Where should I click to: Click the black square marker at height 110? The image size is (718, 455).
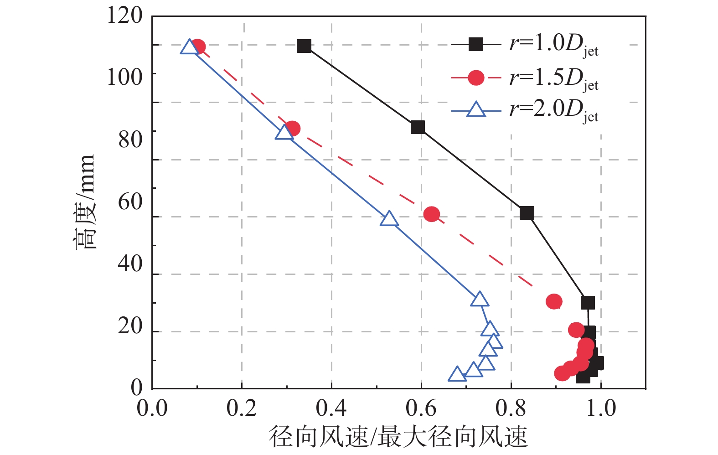pos(304,46)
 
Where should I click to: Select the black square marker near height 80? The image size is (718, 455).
pos(418,127)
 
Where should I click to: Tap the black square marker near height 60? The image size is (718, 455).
pos(527,213)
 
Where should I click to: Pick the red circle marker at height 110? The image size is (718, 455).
pos(198,47)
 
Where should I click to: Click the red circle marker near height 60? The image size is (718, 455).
pos(431,214)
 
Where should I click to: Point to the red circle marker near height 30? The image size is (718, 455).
pos(554,301)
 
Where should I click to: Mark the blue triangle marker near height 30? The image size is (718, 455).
pos(480,300)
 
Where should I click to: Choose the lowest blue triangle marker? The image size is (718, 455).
pos(457,374)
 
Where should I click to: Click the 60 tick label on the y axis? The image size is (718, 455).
pos(130,202)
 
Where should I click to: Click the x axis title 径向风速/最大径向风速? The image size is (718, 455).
pos(398,437)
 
